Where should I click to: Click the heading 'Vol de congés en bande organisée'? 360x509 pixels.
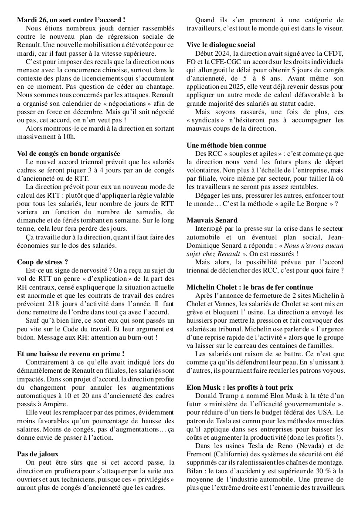68,153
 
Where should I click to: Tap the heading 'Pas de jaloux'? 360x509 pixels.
37,454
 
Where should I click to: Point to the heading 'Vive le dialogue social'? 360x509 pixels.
221,45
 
